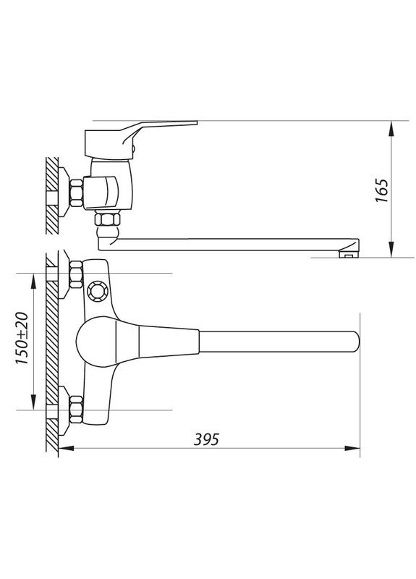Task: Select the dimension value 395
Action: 206,439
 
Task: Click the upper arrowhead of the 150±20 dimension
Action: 33,279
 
